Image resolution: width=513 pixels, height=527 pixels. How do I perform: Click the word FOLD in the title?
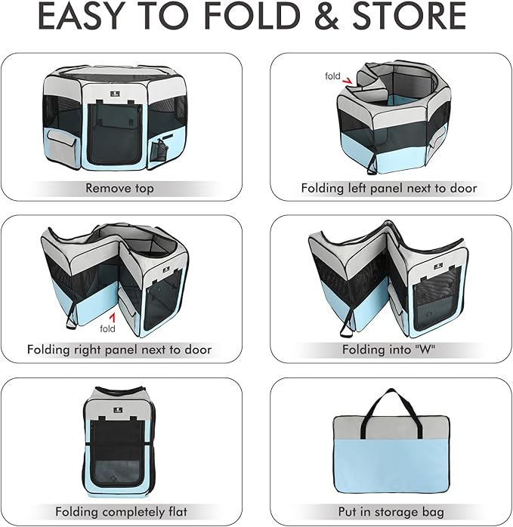tap(252, 16)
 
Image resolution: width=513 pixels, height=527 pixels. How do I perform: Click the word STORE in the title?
tap(409, 16)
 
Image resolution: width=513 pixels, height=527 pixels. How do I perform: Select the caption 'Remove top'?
tap(119, 188)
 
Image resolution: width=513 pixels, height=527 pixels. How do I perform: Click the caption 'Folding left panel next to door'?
tap(389, 188)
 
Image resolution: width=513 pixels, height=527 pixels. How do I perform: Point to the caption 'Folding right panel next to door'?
tap(119, 350)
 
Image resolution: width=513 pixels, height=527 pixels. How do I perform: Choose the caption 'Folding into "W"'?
tap(388, 350)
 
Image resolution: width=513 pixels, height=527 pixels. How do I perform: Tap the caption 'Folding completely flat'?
tap(121, 512)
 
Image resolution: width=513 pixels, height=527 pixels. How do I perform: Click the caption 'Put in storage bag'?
tap(391, 512)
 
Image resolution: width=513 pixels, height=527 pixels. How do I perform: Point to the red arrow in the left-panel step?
tap(347, 81)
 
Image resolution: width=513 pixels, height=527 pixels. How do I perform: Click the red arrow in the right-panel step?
tap(113, 318)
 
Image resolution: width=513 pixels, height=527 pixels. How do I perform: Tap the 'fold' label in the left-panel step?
tap(332, 76)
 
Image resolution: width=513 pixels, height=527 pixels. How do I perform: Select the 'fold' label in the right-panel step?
tap(107, 328)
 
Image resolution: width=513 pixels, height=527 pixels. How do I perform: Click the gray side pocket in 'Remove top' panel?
tap(61, 146)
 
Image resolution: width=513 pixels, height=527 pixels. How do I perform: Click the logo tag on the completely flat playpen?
tap(117, 410)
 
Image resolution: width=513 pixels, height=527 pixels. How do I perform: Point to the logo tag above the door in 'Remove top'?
tap(115, 94)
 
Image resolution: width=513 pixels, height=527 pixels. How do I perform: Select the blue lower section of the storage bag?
tap(391, 467)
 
